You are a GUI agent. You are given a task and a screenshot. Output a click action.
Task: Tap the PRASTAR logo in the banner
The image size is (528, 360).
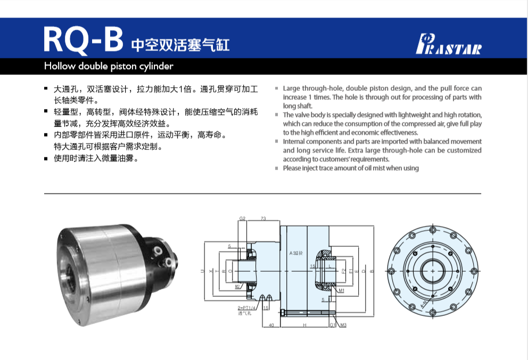click(448, 45)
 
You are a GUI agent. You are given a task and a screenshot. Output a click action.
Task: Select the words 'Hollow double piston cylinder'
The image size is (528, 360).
click(109, 66)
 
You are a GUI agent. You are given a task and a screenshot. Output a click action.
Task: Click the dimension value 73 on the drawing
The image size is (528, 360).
click(263, 219)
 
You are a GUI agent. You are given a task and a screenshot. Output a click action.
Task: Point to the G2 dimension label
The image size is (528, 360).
click(242, 219)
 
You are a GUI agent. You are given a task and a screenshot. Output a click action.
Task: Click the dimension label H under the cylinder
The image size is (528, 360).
click(304, 324)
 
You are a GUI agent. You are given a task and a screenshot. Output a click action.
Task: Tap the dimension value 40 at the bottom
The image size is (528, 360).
click(271, 324)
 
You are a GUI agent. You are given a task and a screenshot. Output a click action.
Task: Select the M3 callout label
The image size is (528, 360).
click(343, 324)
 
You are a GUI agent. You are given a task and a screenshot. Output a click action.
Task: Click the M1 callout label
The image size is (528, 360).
click(341, 291)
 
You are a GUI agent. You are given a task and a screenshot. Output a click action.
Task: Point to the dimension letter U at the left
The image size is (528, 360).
click(202, 271)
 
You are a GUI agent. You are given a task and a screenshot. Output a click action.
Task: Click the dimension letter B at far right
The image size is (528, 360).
click(372, 271)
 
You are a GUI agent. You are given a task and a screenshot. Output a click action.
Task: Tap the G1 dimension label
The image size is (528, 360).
click(332, 324)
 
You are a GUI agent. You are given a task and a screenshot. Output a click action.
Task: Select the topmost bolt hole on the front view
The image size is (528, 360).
click(431, 229)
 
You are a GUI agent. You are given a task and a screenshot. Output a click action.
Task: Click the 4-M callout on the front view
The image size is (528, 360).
click(408, 304)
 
